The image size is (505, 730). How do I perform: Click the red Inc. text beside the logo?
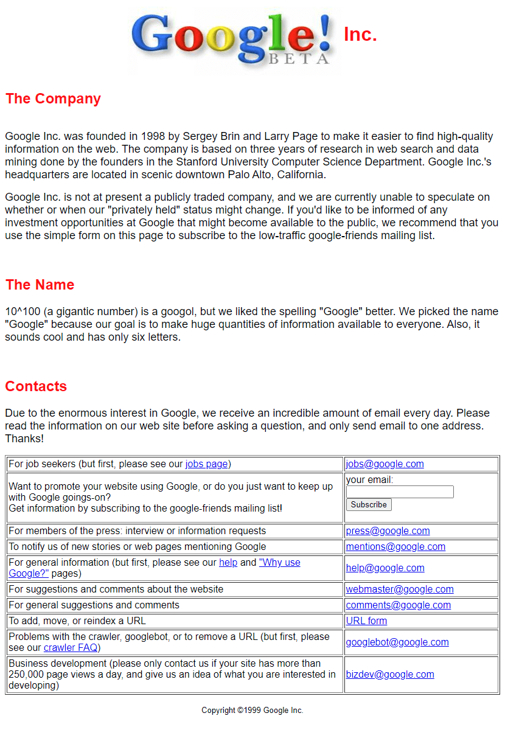360,35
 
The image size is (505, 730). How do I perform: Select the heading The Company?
53,99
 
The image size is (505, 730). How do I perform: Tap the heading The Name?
40,285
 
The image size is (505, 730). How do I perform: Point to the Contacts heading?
36,386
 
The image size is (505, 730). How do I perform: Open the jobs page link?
206,464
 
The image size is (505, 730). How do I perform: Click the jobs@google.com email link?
385,464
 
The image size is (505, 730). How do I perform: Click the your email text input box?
400,492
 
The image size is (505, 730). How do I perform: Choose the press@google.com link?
388,531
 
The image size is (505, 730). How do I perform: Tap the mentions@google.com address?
395,547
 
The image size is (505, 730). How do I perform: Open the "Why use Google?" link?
279,563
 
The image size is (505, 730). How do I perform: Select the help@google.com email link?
385,568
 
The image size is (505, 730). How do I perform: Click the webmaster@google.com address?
400,589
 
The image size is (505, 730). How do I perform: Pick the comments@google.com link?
398,605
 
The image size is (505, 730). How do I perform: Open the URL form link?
366,621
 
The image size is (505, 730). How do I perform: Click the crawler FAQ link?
71,648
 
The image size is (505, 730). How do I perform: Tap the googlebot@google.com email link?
397,642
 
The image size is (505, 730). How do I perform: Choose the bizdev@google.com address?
390,675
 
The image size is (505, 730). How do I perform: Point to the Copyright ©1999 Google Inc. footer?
252,711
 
